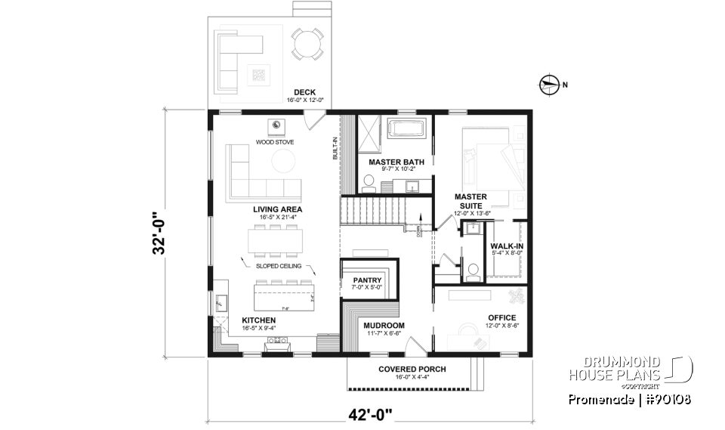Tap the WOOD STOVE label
point(275,141)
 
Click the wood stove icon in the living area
point(276,126)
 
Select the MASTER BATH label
point(396,162)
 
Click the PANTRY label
point(368,280)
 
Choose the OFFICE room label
point(501,317)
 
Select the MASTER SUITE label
point(470,200)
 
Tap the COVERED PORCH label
point(412,369)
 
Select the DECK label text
point(305,92)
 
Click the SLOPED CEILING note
point(278,267)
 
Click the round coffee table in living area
point(284,160)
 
